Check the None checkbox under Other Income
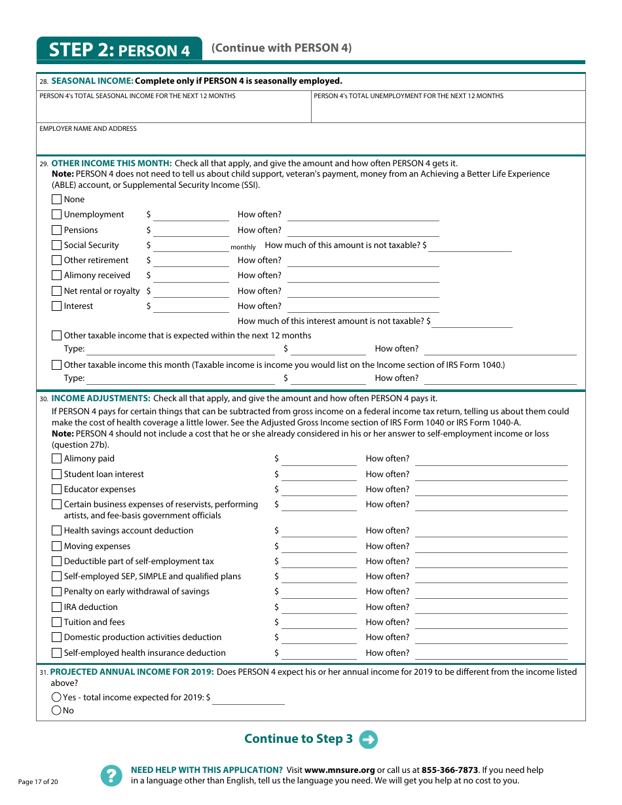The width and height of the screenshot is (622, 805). [x=57, y=200]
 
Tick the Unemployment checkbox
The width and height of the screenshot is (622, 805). [x=57, y=215]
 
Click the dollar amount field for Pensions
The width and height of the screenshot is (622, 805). [x=191, y=230]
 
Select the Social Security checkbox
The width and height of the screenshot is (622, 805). [x=57, y=245]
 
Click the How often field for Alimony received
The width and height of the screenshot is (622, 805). [x=363, y=276]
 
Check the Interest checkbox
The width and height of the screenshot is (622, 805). [x=57, y=306]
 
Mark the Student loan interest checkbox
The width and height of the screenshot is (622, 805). [x=57, y=474]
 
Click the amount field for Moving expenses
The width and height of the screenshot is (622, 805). [x=319, y=546]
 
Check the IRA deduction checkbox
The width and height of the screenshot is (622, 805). [x=57, y=607]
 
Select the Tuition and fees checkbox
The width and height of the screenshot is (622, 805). [x=57, y=622]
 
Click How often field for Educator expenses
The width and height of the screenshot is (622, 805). [x=491, y=490]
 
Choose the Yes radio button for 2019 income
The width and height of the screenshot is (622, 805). [x=56, y=698]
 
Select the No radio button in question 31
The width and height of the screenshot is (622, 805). [x=56, y=711]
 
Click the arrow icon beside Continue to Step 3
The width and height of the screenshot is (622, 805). [x=369, y=740]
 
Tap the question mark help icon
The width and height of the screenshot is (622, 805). [x=111, y=776]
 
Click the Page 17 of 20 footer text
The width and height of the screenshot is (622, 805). [x=38, y=782]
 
